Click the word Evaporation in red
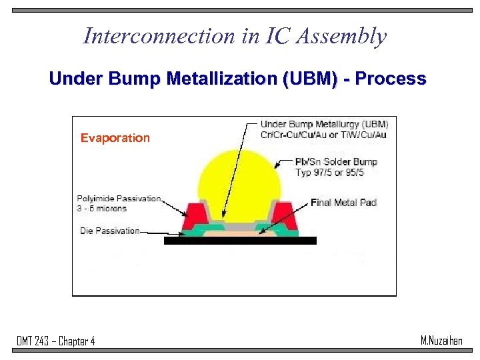pos(115,138)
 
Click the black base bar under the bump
pos(240,241)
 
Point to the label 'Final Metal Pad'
pos(343,202)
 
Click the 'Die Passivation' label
pos(108,231)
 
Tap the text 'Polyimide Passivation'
pos(119,198)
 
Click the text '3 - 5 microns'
pos(101,208)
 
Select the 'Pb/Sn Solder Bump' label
pos(336,162)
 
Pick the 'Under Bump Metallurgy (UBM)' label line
pos(324,124)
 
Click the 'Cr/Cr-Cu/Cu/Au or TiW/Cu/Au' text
pos(324,135)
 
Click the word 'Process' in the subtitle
pos(390,79)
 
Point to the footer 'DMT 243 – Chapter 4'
pos(56,341)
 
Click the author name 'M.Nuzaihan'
pos(441,341)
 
